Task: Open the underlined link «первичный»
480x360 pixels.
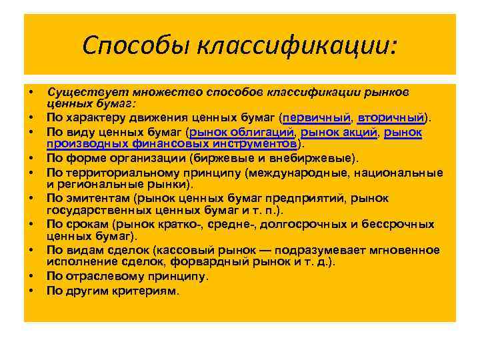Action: tap(317, 118)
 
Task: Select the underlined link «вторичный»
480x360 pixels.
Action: tap(391, 118)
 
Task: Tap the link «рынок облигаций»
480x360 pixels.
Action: tap(242, 133)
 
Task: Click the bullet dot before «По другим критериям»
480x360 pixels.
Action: tap(31, 291)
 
